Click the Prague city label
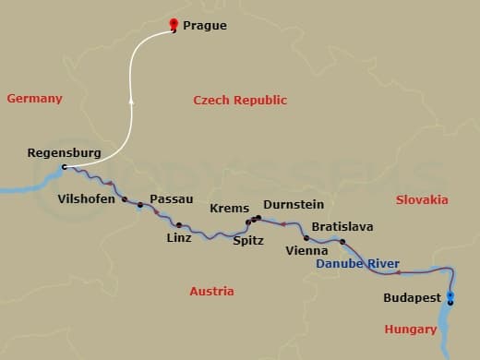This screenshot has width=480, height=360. click(x=204, y=26)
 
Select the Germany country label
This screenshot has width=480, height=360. click(x=34, y=99)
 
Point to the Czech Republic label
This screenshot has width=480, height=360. click(x=240, y=101)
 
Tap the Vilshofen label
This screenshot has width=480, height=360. click(x=87, y=198)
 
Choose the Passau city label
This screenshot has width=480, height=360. click(x=171, y=199)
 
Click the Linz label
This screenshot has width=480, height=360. click(x=179, y=238)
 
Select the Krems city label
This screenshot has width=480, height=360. click(x=229, y=209)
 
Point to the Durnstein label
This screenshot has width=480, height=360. click(x=294, y=205)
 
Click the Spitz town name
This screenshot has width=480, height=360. click(x=248, y=241)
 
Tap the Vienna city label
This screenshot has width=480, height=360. click(x=306, y=250)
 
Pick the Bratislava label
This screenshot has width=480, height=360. click(x=342, y=227)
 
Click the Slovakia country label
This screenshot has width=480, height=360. click(x=422, y=200)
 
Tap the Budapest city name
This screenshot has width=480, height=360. click(x=412, y=298)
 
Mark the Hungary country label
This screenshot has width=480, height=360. click(x=411, y=330)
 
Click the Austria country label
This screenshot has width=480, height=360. click(x=211, y=292)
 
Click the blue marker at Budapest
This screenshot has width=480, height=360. click(x=450, y=296)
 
